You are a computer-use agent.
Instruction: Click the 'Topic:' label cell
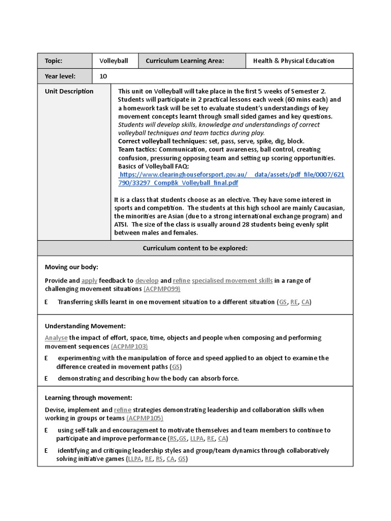coord(53,61)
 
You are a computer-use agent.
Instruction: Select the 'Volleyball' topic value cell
coord(114,61)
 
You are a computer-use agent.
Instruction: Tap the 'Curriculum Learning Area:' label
coord(184,61)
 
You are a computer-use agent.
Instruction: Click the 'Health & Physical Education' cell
coord(294,61)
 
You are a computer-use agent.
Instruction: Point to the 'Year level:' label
coord(60,76)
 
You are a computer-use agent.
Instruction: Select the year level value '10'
coord(103,76)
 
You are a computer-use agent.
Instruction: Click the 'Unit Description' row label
coord(69,92)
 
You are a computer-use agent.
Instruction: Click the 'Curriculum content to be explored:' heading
coord(195,248)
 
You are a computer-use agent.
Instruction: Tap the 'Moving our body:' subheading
coord(71,267)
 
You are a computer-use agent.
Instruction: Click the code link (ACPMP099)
coord(162,289)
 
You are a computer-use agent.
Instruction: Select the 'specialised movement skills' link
coord(232,280)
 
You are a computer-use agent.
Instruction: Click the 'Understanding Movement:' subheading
coord(85,326)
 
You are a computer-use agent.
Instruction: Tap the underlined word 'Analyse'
coord(56,338)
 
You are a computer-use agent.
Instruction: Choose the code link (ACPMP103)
coord(129,346)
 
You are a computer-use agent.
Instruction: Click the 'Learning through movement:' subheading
coord(88,398)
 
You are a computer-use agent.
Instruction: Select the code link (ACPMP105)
coord(145,418)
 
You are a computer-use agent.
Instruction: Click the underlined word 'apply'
coord(89,280)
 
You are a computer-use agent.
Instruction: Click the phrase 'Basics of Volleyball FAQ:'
coord(153,166)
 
